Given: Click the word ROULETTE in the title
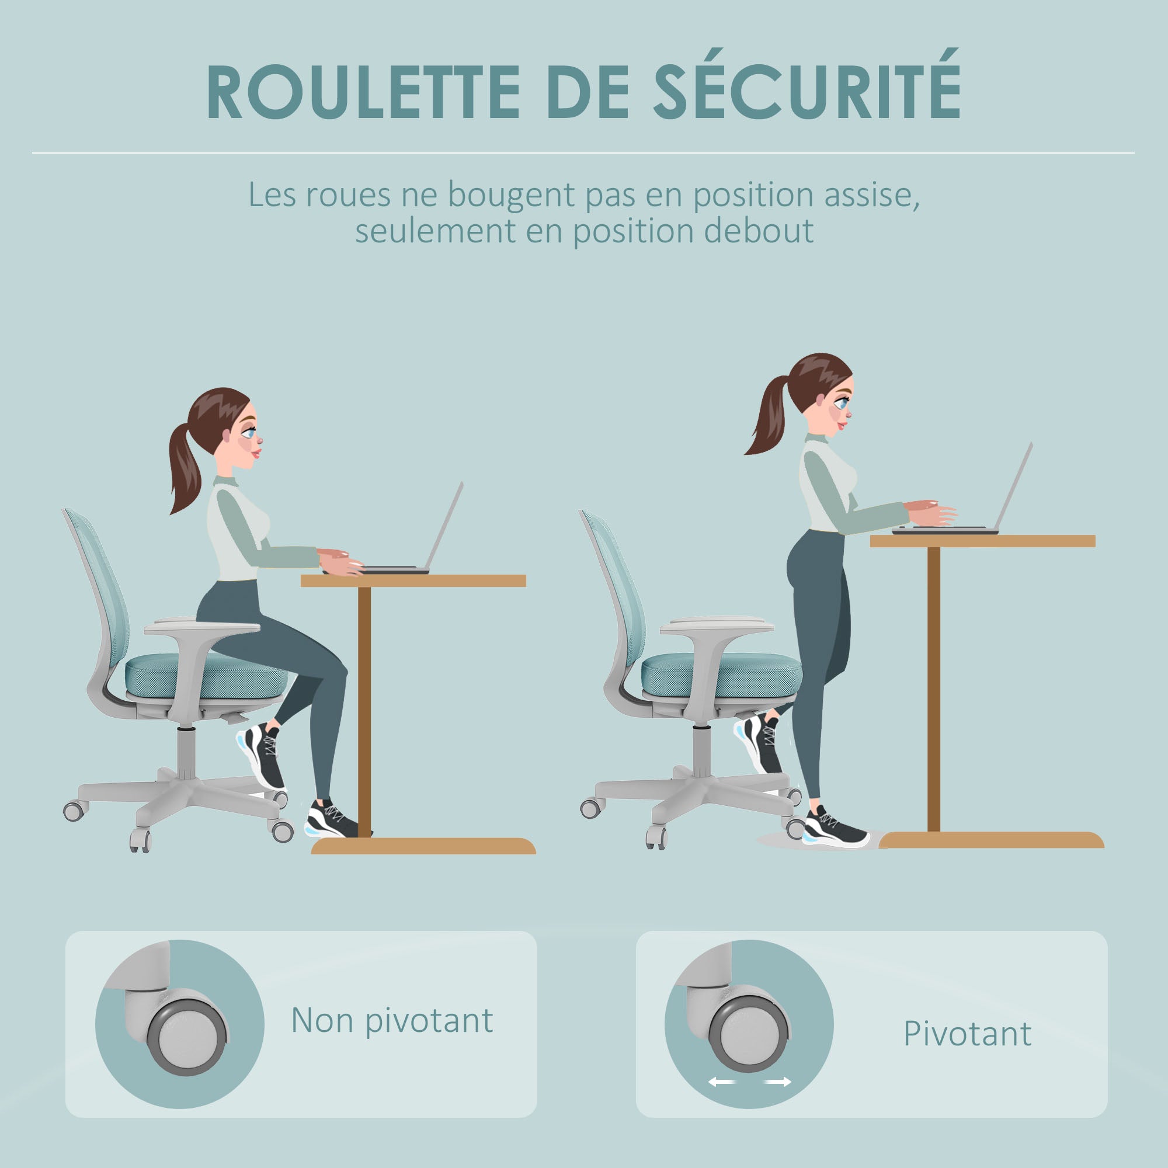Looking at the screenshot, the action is tap(363, 92).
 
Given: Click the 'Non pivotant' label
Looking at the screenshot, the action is tap(392, 1020).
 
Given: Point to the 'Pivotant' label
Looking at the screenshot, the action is tap(967, 1034).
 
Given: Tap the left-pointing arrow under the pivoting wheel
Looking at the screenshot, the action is tap(721, 1082).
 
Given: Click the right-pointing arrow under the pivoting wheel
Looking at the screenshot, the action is tap(778, 1082).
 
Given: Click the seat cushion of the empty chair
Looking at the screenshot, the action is tap(721, 675).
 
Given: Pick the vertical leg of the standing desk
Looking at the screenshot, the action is tap(933, 689).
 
